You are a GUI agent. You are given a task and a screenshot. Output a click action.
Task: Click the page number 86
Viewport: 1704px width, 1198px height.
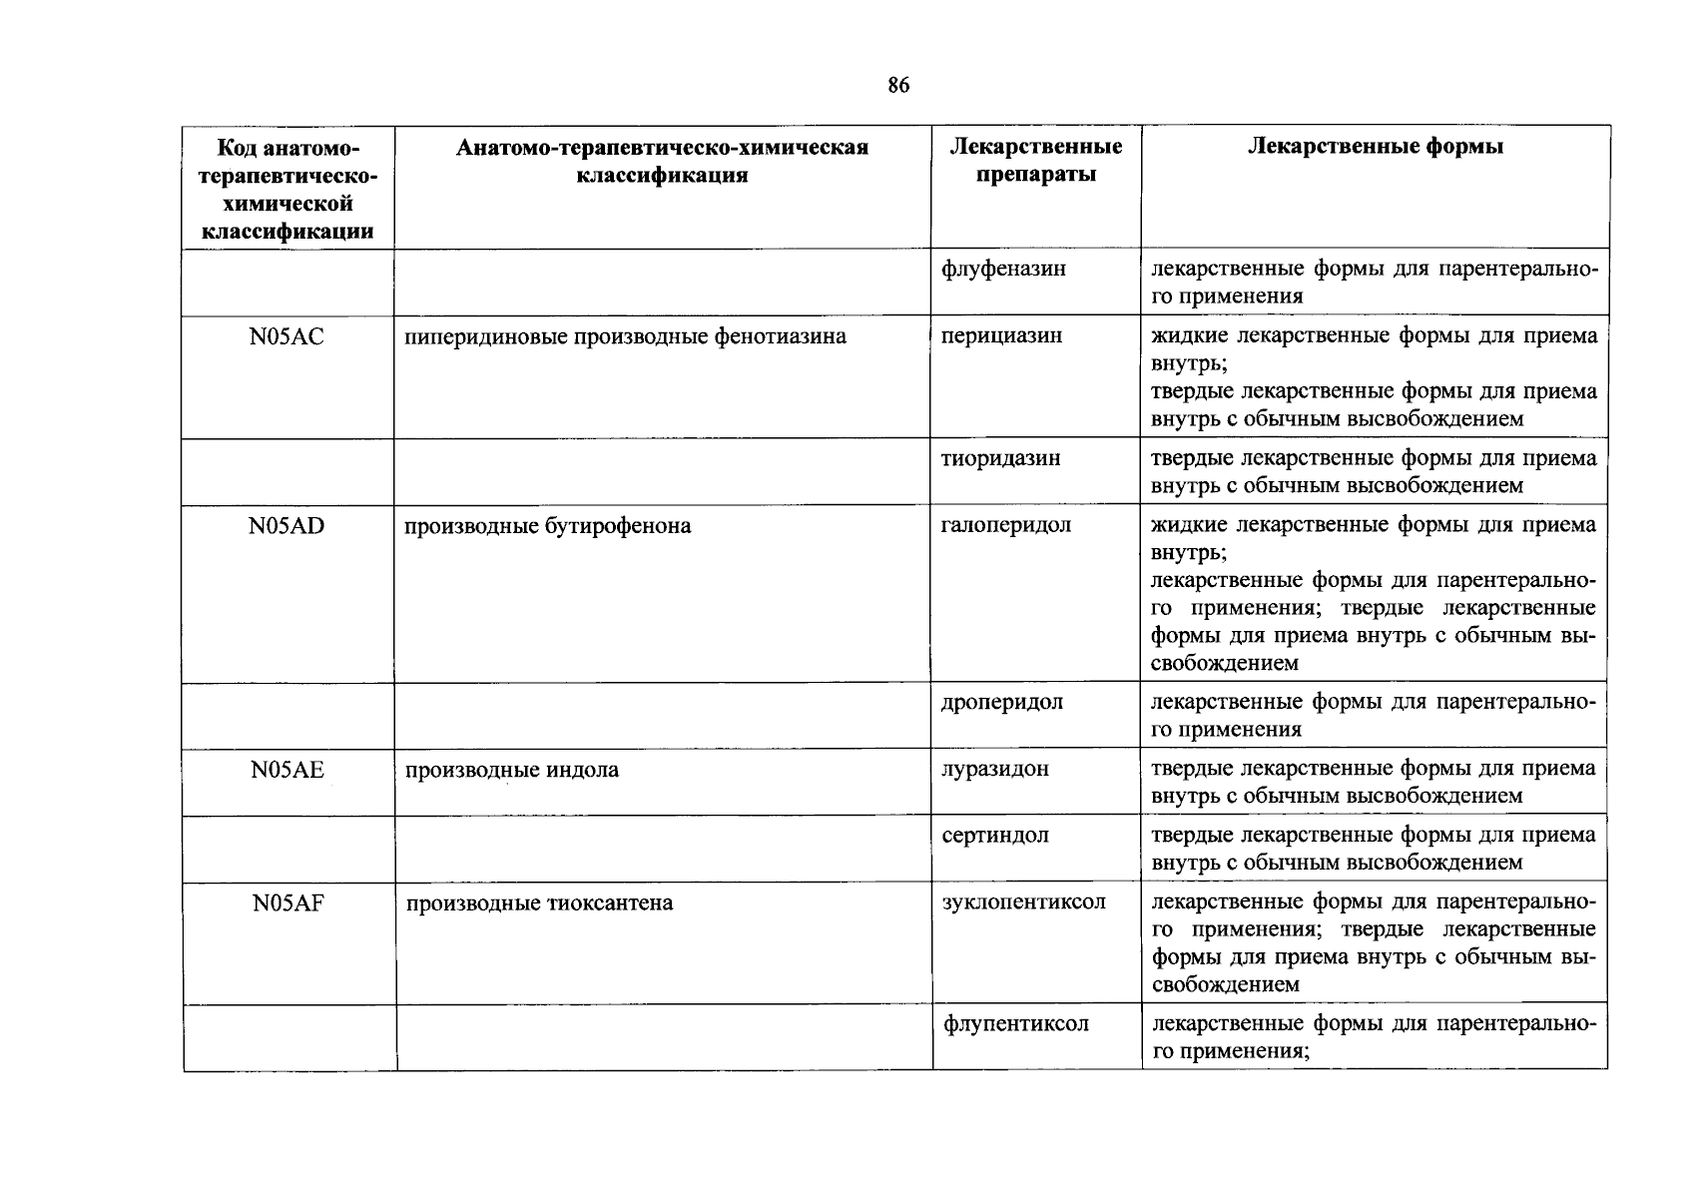(x=897, y=86)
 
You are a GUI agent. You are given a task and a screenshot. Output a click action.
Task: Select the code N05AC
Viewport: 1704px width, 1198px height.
(x=287, y=337)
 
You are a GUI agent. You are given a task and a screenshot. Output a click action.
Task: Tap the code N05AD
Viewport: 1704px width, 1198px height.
(x=287, y=526)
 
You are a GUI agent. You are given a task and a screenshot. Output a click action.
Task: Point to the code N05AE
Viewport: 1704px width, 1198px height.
(x=287, y=770)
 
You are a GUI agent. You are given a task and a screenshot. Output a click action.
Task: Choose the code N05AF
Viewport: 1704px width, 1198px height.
(x=287, y=903)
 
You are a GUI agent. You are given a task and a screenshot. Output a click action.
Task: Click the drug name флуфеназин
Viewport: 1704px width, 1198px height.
(x=1003, y=269)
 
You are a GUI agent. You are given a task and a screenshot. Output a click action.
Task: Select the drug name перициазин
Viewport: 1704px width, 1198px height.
(x=1001, y=336)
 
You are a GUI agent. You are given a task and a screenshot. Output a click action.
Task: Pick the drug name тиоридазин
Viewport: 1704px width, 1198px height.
(x=1000, y=459)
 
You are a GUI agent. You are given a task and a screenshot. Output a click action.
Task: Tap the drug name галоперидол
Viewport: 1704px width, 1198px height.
(x=1006, y=525)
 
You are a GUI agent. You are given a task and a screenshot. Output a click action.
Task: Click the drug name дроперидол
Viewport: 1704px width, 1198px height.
(x=1002, y=702)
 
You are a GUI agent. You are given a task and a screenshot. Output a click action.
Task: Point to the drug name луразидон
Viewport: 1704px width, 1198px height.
(x=995, y=769)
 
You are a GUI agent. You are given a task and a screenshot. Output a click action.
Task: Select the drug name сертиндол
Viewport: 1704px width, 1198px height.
(x=995, y=836)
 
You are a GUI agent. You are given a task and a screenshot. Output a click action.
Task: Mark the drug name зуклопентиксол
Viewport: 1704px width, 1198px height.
(x=1024, y=902)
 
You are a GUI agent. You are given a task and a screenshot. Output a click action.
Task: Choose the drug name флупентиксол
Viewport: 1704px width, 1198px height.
(x=1016, y=1024)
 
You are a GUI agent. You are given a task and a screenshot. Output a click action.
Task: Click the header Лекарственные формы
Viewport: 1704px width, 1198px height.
(x=1375, y=147)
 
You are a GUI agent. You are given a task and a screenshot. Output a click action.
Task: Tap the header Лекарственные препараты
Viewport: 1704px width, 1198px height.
(x=1035, y=161)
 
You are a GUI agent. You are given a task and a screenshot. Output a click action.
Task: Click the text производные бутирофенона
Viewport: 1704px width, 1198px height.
(x=547, y=526)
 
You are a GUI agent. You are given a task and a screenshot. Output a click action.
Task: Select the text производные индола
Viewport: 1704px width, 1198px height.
(x=511, y=770)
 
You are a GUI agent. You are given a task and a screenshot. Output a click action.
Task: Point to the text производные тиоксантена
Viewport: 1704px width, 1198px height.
(x=539, y=903)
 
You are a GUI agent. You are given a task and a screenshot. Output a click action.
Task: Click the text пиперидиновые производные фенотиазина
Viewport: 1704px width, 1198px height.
(x=625, y=336)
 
